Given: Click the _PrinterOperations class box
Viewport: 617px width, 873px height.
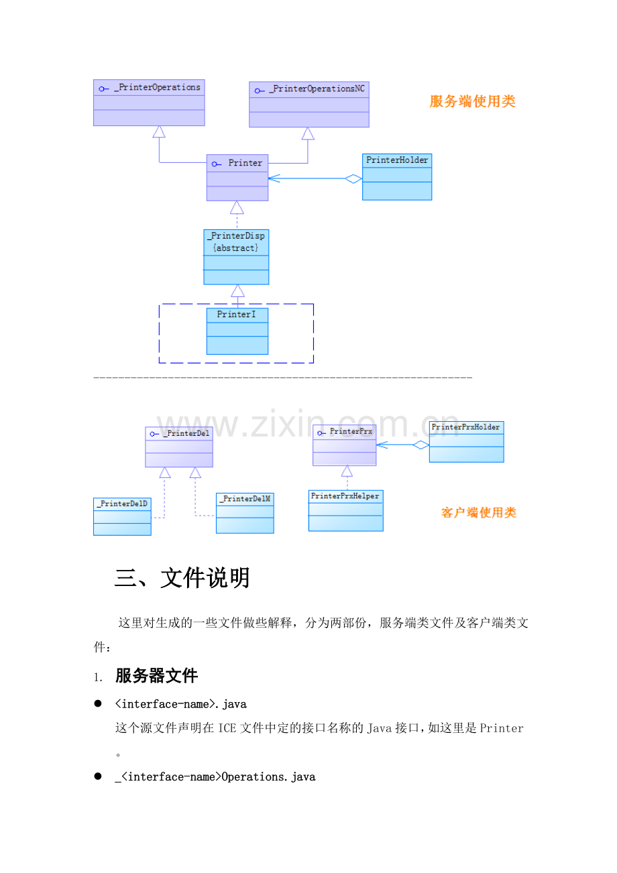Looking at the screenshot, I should (x=149, y=103).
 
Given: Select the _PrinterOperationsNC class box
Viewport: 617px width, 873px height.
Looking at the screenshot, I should (x=309, y=105).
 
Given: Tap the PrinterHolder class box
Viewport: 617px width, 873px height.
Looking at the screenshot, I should (x=397, y=177).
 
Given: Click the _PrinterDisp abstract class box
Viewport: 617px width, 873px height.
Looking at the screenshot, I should (x=236, y=257).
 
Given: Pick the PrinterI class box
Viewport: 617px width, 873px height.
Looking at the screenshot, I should (x=237, y=331).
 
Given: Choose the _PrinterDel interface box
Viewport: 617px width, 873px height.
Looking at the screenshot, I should (x=179, y=447).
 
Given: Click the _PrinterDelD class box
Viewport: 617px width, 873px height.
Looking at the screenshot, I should (x=122, y=516).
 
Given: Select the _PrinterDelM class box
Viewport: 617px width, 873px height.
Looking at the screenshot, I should (x=245, y=513).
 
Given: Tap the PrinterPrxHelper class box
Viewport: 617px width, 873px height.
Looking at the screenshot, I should (x=346, y=511).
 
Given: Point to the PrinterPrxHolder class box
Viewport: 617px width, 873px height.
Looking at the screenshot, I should (x=467, y=442).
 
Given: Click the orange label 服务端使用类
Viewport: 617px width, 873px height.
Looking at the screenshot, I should (x=473, y=102).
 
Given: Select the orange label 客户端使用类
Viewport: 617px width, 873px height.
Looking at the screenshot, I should (x=479, y=513).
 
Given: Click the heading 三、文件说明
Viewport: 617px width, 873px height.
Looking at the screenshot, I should (x=182, y=578).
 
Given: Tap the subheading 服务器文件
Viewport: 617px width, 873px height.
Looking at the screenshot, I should (x=156, y=676).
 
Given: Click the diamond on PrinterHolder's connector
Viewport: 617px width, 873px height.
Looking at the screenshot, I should (x=353, y=178).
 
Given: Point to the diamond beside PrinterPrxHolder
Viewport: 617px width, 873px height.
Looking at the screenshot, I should (x=420, y=445).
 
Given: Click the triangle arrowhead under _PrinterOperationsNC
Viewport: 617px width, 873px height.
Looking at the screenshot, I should (x=308, y=133).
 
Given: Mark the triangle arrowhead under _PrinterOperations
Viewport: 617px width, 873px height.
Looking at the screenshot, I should (x=159, y=131).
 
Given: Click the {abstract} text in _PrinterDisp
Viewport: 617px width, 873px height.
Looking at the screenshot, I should (x=236, y=248).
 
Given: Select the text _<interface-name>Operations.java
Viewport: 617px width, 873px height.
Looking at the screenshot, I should (x=215, y=777).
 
